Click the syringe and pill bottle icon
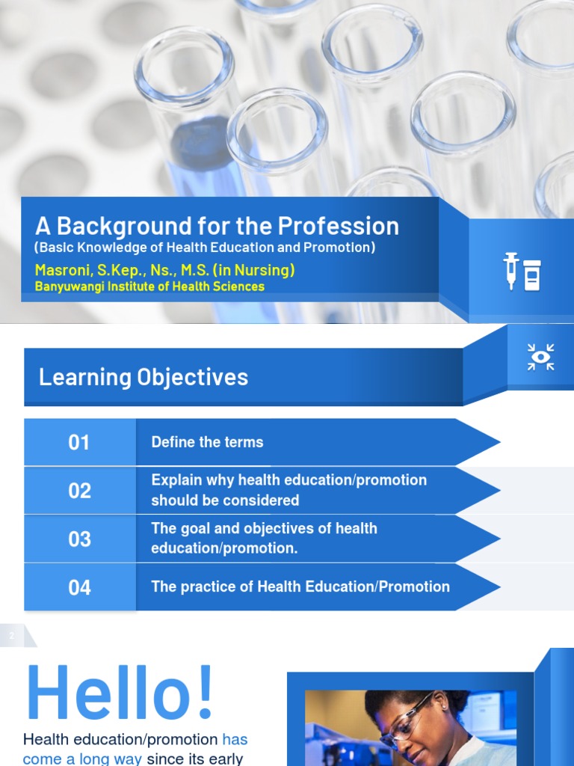(522, 271)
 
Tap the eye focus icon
(540, 357)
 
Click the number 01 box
(79, 442)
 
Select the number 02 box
(79, 491)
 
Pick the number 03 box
(79, 539)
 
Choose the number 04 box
(79, 587)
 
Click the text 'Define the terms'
(207, 442)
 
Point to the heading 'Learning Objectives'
(143, 377)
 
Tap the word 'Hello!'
(120, 694)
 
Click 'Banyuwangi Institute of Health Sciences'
(149, 287)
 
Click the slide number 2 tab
(12, 637)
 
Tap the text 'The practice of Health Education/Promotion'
(300, 587)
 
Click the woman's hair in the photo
(396, 699)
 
